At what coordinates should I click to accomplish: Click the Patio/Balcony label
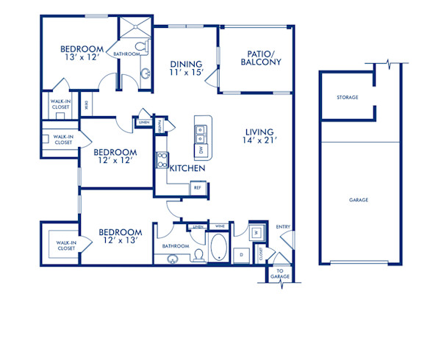pos(260,57)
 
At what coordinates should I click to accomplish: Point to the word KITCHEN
pos(187,168)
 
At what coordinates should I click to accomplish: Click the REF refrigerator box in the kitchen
pos(197,188)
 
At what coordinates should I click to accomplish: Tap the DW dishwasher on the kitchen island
pos(201,151)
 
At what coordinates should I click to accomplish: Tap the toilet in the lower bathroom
pos(198,254)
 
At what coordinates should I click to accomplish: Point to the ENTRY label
pos(283,227)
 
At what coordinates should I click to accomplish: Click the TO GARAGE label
pos(281,274)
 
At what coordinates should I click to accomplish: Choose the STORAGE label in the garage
pos(348,97)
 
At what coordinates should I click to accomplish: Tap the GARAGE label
pos(359,200)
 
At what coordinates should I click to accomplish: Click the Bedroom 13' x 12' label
pos(82,54)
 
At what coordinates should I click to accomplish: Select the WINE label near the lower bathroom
pos(220,227)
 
